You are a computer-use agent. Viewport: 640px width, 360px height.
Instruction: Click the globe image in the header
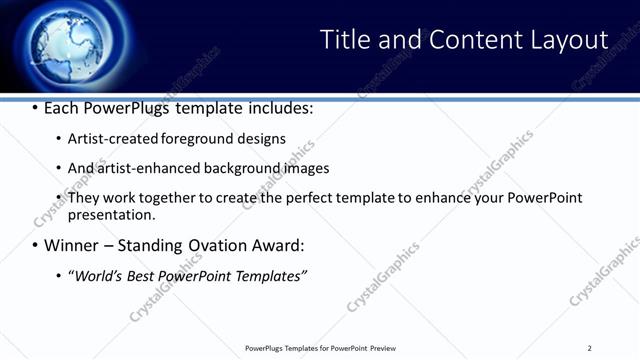(x=66, y=44)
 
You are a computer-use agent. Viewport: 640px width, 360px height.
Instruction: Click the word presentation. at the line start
(x=111, y=214)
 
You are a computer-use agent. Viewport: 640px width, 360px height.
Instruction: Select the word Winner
(x=69, y=245)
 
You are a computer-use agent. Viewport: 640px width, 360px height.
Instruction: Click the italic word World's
(x=98, y=275)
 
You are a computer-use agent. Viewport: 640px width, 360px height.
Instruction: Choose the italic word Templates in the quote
(x=269, y=275)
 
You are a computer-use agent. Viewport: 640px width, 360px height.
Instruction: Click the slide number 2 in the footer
(x=589, y=348)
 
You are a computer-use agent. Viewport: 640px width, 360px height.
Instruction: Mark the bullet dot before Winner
(x=35, y=246)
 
